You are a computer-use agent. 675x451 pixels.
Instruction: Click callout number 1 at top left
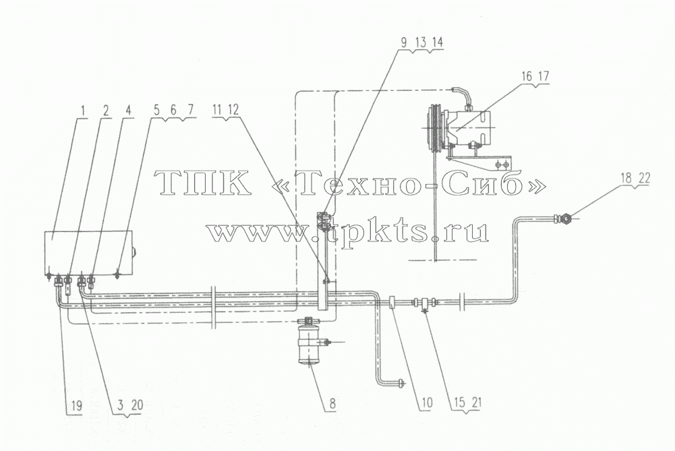coord(84,111)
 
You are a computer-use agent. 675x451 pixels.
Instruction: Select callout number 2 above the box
coord(105,111)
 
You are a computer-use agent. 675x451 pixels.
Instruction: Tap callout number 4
coord(128,111)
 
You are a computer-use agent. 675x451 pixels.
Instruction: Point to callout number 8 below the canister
coord(332,403)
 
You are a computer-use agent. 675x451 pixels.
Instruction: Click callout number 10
coord(426,402)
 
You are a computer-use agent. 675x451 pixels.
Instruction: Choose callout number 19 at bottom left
coord(77,405)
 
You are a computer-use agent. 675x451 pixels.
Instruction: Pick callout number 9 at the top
coord(404,42)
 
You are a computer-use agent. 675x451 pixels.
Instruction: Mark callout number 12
coord(233,111)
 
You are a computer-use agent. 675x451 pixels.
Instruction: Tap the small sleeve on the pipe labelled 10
coord(392,303)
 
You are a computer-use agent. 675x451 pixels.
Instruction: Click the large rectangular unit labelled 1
coord(89,253)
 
